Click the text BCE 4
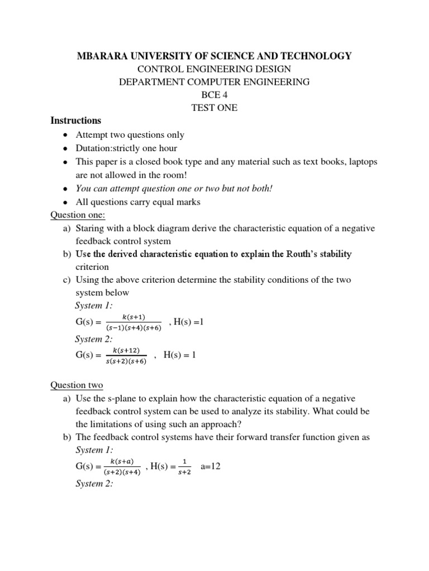214,95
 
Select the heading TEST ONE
214,108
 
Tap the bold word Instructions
76,120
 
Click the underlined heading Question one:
78,215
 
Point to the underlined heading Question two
77,385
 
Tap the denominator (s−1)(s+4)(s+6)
134,328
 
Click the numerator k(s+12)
126,350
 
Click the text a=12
211,466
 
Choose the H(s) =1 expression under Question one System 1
190,322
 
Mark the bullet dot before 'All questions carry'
66,202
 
